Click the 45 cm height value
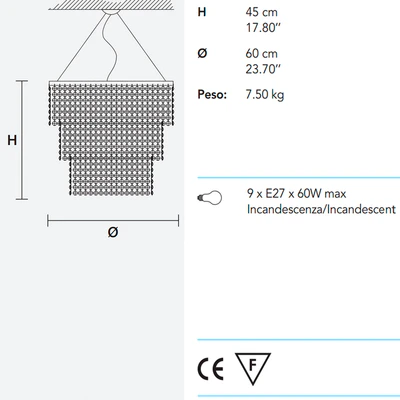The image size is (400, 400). tap(262, 12)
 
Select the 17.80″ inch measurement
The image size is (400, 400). tap(263, 28)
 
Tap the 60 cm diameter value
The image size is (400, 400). tap(262, 53)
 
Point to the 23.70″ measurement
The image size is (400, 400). tap(263, 69)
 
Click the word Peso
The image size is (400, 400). tap(212, 94)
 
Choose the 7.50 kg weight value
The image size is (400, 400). tap(265, 95)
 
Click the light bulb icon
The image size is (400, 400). tap(210, 198)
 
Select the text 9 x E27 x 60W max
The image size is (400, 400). tap(297, 194)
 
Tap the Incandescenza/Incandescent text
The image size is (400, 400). tap(321, 209)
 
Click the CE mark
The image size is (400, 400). tap(211, 369)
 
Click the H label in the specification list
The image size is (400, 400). tap(202, 12)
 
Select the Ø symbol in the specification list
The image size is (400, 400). tap(202, 53)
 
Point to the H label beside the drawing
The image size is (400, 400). tap(12, 140)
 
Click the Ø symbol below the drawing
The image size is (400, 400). tap(113, 232)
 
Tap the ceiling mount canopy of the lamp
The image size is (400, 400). tap(111, 12)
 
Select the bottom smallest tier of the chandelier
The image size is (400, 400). tap(111, 175)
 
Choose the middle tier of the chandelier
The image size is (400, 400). tap(111, 140)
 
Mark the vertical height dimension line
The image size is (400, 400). tap(22, 140)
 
